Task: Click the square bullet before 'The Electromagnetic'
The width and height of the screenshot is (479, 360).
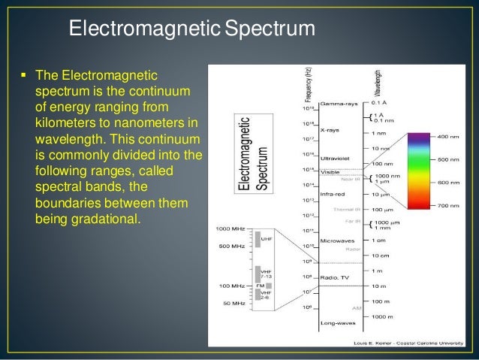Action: pos(24,76)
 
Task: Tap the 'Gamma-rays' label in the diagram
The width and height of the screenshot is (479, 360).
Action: pos(338,103)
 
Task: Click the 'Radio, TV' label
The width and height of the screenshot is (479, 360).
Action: pos(334,277)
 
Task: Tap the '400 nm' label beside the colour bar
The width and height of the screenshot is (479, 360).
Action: pos(450,137)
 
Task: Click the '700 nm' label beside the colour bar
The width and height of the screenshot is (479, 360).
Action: pos(450,205)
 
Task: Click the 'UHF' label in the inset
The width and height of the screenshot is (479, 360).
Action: pos(267,238)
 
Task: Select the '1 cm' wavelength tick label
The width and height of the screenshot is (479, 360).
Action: pos(379,240)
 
